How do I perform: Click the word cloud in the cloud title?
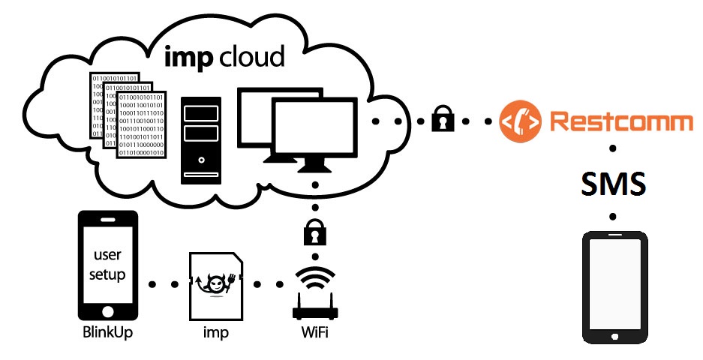[251, 56]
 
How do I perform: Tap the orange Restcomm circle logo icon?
[521, 120]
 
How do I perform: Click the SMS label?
[613, 182]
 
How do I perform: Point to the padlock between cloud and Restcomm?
[443, 120]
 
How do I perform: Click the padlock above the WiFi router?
[314, 233]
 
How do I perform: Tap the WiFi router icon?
[314, 296]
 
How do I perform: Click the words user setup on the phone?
[109, 265]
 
